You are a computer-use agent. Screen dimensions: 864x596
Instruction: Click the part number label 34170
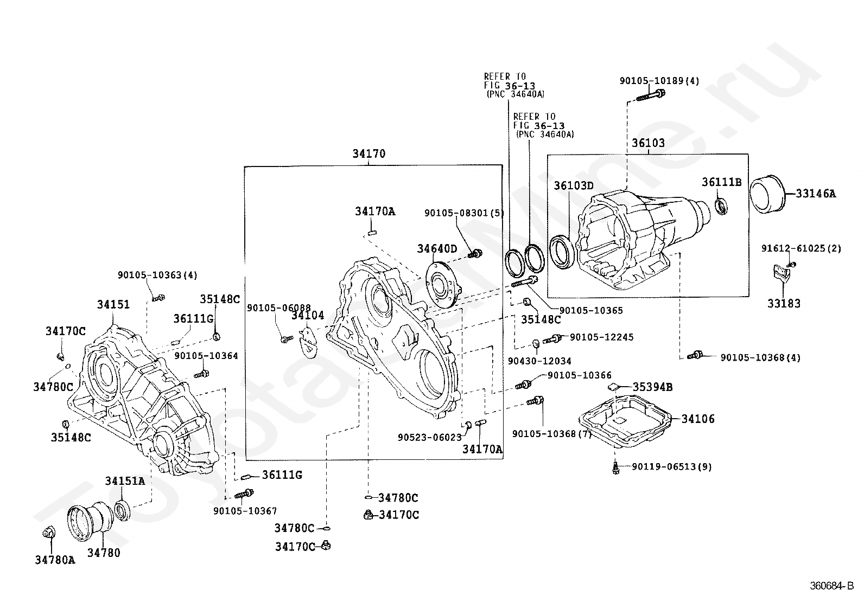[x=369, y=154]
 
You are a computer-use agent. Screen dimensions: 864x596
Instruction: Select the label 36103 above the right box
[x=648, y=143]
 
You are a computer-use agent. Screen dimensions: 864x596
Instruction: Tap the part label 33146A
[x=816, y=194]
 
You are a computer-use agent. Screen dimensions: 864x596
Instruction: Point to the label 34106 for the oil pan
[x=698, y=419]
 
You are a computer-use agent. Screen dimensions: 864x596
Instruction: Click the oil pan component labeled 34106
[x=625, y=421]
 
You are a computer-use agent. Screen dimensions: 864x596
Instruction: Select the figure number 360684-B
[x=831, y=586]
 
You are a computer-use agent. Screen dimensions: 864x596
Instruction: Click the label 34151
[x=113, y=305]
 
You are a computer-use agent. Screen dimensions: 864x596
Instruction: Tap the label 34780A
[x=55, y=560]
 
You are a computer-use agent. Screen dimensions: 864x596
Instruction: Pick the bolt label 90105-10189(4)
[x=659, y=81]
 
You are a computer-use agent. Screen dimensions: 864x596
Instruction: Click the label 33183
[x=784, y=303]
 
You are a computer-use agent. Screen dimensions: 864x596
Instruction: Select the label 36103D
[x=574, y=186]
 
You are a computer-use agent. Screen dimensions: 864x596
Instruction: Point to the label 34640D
[x=437, y=249]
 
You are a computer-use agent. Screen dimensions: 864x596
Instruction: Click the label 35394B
[x=652, y=387]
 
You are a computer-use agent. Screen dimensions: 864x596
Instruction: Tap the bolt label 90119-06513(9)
[x=671, y=467]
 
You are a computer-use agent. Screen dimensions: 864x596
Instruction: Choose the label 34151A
[x=125, y=480]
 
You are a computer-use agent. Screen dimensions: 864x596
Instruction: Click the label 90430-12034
[x=539, y=361]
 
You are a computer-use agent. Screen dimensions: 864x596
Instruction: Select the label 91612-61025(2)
[x=801, y=249]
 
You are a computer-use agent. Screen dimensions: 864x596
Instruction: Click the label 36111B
[x=721, y=182]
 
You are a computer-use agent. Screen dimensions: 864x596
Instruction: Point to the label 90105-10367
[x=245, y=511]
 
